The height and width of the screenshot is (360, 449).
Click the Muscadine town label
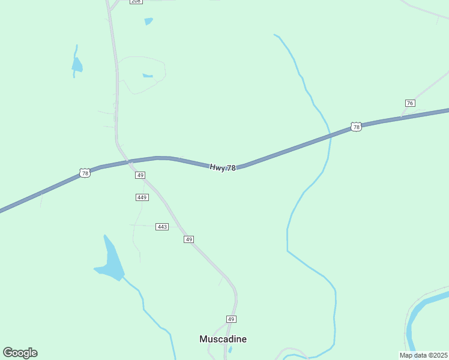(x=223, y=339)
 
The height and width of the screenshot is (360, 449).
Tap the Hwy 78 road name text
(x=223, y=168)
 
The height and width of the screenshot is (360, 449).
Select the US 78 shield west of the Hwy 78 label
(x=85, y=173)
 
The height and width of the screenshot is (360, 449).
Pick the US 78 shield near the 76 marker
(x=356, y=127)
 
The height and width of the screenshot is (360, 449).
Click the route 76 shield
(x=410, y=103)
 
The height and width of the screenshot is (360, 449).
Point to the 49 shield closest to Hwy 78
(x=140, y=175)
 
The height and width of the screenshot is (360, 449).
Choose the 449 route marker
(x=142, y=197)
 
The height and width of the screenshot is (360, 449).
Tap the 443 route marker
(x=162, y=226)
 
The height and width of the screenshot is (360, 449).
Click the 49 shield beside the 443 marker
(x=188, y=239)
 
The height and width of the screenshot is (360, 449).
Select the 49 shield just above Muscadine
(x=231, y=319)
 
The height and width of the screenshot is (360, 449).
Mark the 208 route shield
(x=136, y=2)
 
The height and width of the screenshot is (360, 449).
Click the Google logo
(x=20, y=352)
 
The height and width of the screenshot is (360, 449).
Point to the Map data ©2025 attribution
(x=423, y=355)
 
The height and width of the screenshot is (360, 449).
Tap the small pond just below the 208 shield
(x=148, y=22)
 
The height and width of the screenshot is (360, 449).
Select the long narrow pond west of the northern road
(x=76, y=63)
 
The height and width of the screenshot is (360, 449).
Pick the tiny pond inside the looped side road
(x=147, y=76)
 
